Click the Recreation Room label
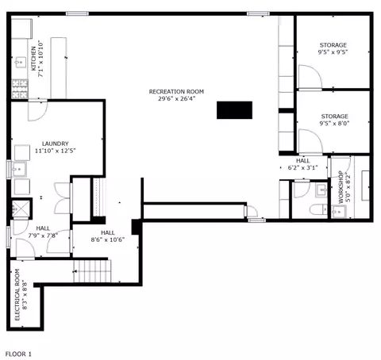point(176,92)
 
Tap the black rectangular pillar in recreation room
point(234,110)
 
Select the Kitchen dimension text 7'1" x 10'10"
point(41,59)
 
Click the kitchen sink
point(21,63)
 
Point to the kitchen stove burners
point(20,89)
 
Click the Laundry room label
point(56,144)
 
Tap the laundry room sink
point(18,169)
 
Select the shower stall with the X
point(21,209)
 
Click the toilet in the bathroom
point(318,209)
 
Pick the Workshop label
point(341,187)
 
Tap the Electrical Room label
point(17,295)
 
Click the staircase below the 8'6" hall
point(92,271)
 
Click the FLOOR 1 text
point(18,354)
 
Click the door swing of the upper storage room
point(310,76)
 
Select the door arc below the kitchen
point(38,111)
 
